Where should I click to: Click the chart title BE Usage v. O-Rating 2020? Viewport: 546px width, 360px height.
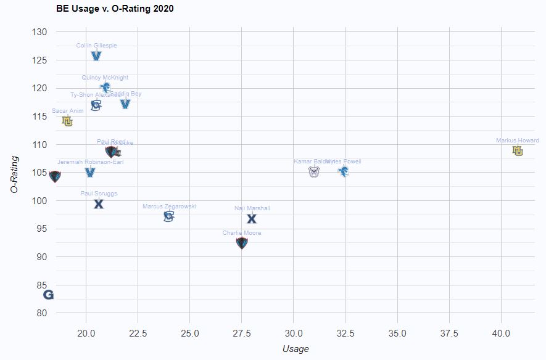pos(115,9)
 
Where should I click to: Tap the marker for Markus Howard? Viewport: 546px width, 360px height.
pos(518,150)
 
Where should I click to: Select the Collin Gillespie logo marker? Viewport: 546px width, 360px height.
pos(96,56)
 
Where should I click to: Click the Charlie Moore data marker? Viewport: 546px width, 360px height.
pos(242,243)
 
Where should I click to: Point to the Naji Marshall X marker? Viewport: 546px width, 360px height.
pos(252,218)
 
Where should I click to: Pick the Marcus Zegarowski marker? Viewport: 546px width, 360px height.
pos(169,216)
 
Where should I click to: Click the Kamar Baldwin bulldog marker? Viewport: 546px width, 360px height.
pos(314,171)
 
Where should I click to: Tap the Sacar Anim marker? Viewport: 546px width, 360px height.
pos(67,121)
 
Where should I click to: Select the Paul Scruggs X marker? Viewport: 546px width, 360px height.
pos(99,204)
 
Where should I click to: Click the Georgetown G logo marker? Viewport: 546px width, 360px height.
pos(48,295)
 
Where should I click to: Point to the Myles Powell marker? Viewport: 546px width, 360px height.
pos(344,171)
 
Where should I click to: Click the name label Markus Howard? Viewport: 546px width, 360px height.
pos(518,141)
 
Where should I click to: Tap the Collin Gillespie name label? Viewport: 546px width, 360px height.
pos(96,46)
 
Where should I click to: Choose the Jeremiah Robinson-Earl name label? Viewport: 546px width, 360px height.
pos(90,162)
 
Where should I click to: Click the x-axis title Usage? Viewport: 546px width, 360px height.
pos(296,349)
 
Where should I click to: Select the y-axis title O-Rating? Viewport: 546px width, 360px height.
pos(15,174)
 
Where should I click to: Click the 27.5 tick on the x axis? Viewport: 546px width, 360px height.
pos(242,333)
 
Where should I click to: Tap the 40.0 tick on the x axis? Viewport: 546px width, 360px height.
pos(501,333)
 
